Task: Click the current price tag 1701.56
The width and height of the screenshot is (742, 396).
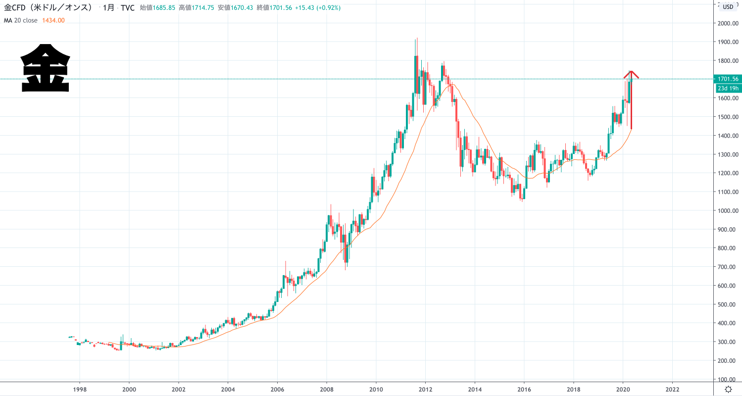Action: coord(727,79)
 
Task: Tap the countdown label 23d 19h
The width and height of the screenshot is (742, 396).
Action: coord(728,88)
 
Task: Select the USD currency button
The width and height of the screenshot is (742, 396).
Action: coord(728,6)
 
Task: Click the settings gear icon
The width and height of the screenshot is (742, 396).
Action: coord(728,389)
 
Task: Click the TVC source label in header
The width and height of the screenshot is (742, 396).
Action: coord(128,8)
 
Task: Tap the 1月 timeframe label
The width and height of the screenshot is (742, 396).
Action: coord(108,8)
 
